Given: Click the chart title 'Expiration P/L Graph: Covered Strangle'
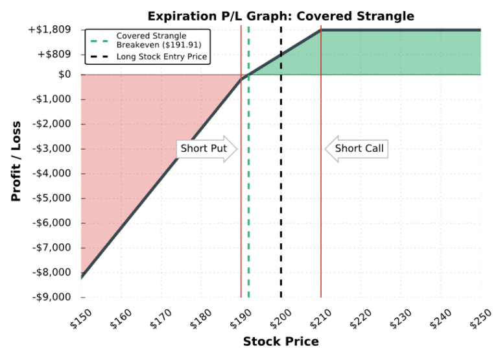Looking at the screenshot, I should click(x=280, y=16).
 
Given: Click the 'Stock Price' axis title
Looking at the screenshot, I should click(x=281, y=342).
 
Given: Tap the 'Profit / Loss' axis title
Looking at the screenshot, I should click(x=16, y=161).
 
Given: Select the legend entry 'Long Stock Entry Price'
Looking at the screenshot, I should click(x=161, y=57).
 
